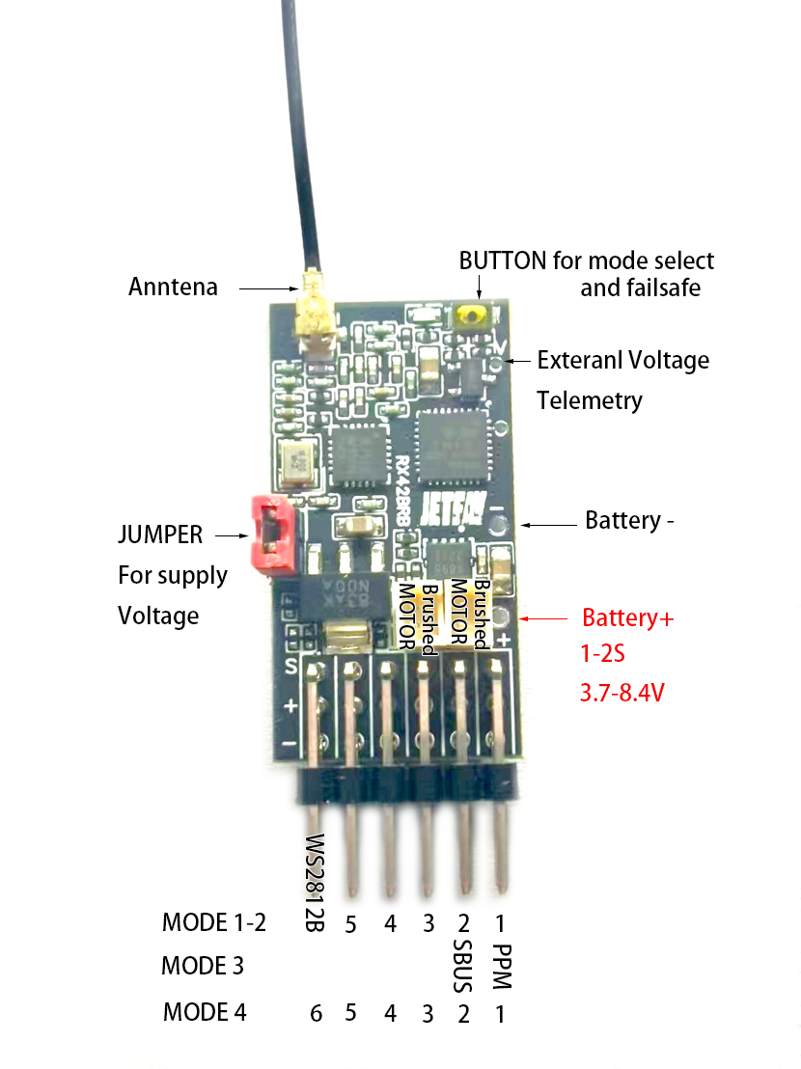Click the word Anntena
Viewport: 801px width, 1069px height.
tap(173, 287)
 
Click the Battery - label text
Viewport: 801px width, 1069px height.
tap(629, 521)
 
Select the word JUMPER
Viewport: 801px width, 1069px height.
tap(160, 534)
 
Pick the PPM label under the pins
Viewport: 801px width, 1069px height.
tap(501, 967)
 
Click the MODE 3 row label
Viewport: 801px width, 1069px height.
tap(203, 965)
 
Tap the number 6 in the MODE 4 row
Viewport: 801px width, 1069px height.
tap(316, 1013)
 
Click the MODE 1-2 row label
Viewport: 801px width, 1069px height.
tap(213, 921)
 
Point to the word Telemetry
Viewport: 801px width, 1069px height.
tap(589, 400)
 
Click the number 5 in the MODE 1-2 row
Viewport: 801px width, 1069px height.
tap(350, 925)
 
